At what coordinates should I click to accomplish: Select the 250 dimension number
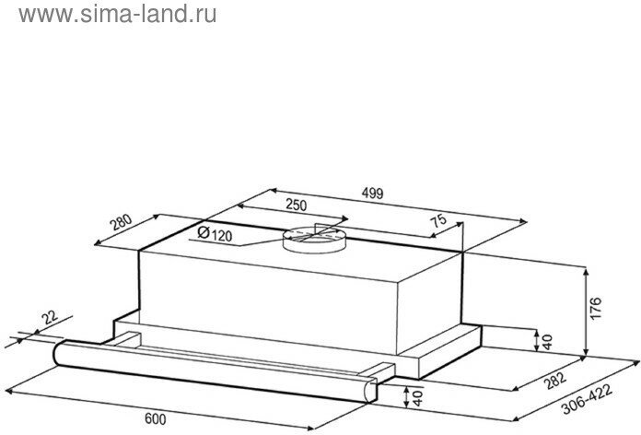[x=296, y=205]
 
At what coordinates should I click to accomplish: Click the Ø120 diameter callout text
[x=214, y=234]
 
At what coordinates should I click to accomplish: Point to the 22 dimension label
[x=50, y=318]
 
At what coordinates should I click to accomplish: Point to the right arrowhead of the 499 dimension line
[x=525, y=221]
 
